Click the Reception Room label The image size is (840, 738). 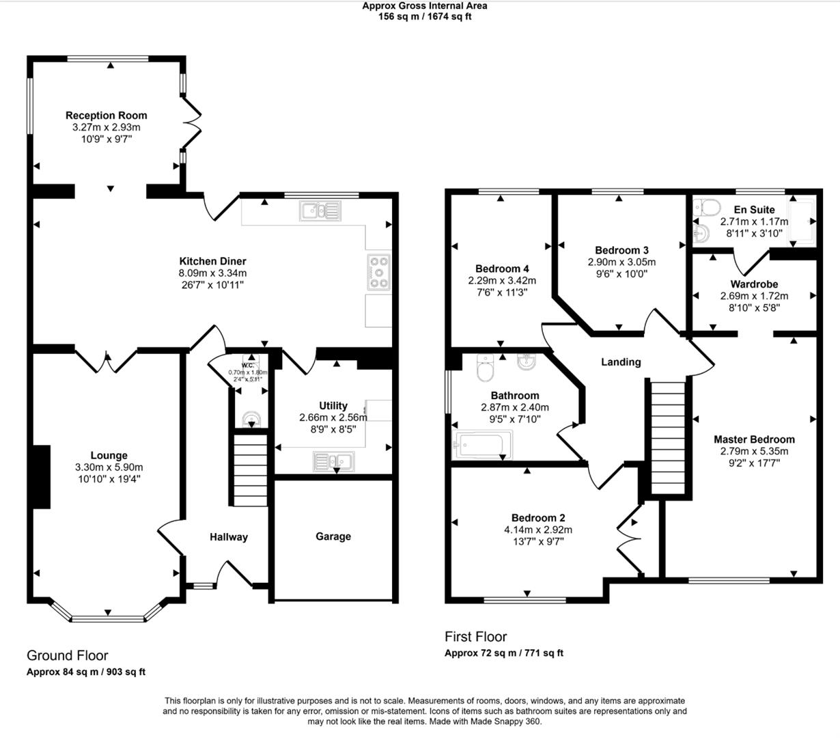pyautogui.click(x=106, y=115)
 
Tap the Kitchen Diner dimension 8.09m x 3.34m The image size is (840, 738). pyautogui.click(x=212, y=273)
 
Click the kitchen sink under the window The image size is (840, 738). pyautogui.click(x=320, y=211)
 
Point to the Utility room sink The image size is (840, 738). pyautogui.click(x=332, y=462)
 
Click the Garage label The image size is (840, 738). pyautogui.click(x=333, y=536)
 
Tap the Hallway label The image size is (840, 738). pyautogui.click(x=228, y=537)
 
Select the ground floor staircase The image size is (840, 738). pyautogui.click(x=249, y=471)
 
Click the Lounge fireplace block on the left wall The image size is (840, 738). pyautogui.click(x=41, y=476)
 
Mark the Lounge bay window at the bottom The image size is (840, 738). pyautogui.click(x=108, y=618)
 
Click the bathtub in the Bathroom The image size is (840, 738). pyautogui.click(x=481, y=445)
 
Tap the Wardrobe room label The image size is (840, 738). pyautogui.click(x=753, y=284)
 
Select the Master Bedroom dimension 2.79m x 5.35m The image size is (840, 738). pyautogui.click(x=754, y=451)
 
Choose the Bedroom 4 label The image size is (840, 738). pyautogui.click(x=502, y=269)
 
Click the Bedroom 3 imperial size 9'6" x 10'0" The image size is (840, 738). pyautogui.click(x=621, y=274)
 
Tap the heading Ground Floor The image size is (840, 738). pyautogui.click(x=67, y=656)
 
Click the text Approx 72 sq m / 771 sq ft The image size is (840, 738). pyautogui.click(x=503, y=653)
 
